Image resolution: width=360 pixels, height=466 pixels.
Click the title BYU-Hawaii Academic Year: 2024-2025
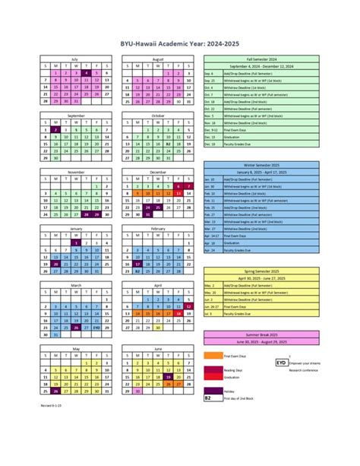click(x=180, y=45)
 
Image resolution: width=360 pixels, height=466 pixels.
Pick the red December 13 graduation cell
click(x=178, y=193)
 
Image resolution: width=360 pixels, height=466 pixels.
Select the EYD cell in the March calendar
click(x=96, y=327)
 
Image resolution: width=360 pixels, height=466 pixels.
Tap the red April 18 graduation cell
click(x=178, y=312)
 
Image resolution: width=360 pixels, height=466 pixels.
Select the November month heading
click(x=76, y=172)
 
